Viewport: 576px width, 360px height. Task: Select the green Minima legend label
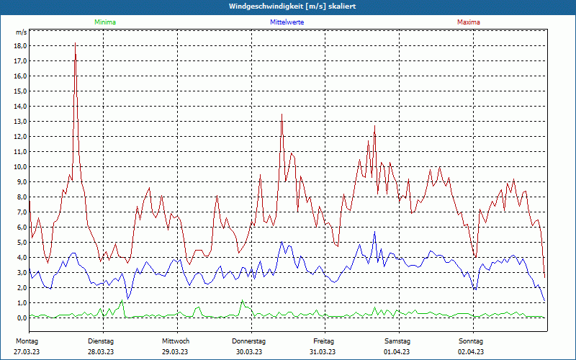coord(104,22)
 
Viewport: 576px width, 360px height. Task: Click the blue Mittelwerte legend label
coord(287,22)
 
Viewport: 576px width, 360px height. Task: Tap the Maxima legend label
coord(469,22)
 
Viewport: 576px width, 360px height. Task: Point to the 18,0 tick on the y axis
coord(20,45)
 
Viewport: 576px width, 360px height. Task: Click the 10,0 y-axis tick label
coord(20,166)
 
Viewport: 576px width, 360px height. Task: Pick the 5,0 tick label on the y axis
coord(21,242)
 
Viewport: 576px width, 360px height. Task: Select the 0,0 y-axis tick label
coord(21,318)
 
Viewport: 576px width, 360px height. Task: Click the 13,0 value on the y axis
coord(20,121)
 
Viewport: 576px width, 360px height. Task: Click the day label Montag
coord(27,341)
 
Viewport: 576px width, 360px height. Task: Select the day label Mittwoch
coord(176,341)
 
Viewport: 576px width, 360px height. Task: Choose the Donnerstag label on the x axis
coord(249,341)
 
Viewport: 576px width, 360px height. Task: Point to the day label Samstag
coord(397,341)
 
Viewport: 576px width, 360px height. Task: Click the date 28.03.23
coord(101,351)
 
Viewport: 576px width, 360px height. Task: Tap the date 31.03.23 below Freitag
coord(323,351)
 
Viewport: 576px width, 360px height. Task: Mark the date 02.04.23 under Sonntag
coord(472,351)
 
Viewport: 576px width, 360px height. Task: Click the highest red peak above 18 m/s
coord(75,43)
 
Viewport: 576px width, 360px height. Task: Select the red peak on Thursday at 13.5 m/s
coord(282,114)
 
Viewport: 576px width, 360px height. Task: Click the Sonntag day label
coord(471,341)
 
